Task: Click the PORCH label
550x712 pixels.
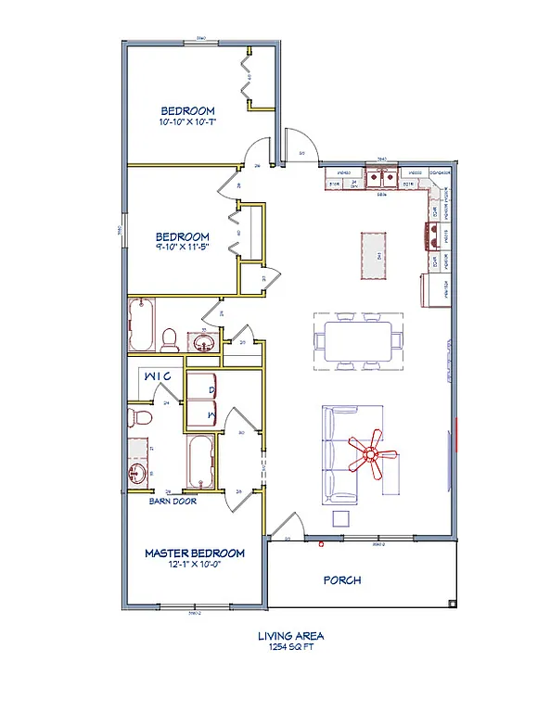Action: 341,581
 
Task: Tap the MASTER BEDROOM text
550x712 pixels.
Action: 195,553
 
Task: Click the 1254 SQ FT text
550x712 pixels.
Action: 290,649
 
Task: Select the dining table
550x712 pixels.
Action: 358,339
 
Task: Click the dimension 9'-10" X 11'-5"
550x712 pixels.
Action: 182,248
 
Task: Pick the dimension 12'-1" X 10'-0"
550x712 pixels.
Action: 195,566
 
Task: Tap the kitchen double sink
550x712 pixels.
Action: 381,177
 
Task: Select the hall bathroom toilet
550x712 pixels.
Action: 169,340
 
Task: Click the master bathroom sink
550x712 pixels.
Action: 139,476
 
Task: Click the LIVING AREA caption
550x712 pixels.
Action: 290,637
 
